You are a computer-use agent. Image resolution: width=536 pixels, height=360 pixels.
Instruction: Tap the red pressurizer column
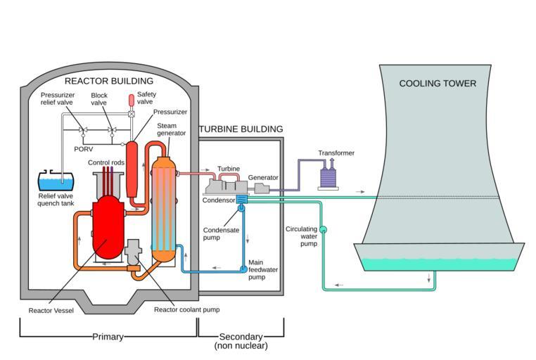pyautogui.click(x=131, y=169)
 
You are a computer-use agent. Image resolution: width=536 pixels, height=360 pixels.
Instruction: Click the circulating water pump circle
pyautogui.click(x=324, y=229)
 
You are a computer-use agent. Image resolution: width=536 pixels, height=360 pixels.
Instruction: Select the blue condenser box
pyautogui.click(x=241, y=200)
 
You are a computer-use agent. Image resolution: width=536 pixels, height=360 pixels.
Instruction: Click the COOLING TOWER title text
pyautogui.click(x=438, y=84)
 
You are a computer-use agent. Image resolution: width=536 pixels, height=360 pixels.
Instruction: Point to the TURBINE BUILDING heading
pyautogui.click(x=241, y=129)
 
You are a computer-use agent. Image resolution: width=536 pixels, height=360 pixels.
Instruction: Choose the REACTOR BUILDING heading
pyautogui.click(x=108, y=81)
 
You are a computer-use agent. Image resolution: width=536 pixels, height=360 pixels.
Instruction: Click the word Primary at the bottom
pyautogui.click(x=108, y=337)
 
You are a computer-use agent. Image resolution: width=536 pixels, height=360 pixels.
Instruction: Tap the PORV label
pyautogui.click(x=84, y=148)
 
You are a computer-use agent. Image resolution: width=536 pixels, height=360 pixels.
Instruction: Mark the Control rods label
pyautogui.click(x=106, y=163)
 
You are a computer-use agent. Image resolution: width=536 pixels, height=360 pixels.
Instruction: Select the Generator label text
pyautogui.click(x=263, y=178)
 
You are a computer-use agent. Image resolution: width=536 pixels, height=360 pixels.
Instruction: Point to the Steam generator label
pyautogui.click(x=171, y=129)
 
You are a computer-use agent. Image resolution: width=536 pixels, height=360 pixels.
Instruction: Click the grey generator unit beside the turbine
pyautogui.click(x=261, y=188)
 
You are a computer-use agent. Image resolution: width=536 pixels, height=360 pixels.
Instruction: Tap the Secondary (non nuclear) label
pyautogui.click(x=241, y=341)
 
